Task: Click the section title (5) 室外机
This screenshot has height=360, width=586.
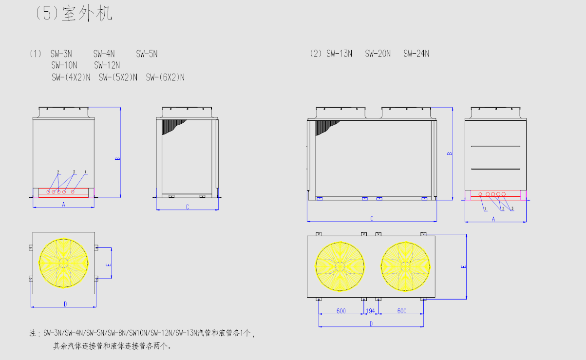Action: click(x=74, y=13)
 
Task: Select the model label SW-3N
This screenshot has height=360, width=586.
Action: click(x=61, y=54)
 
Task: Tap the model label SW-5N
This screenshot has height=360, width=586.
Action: click(x=147, y=54)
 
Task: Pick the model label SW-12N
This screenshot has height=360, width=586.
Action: click(x=107, y=65)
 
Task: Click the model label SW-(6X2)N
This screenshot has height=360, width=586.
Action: click(x=165, y=77)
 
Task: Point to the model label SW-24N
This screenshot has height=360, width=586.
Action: click(x=416, y=54)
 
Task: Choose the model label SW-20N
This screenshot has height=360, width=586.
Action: click(x=378, y=54)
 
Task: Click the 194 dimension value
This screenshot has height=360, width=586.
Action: click(x=370, y=311)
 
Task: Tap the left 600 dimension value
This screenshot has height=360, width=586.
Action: click(x=341, y=311)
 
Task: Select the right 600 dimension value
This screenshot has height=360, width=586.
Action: click(x=402, y=311)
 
